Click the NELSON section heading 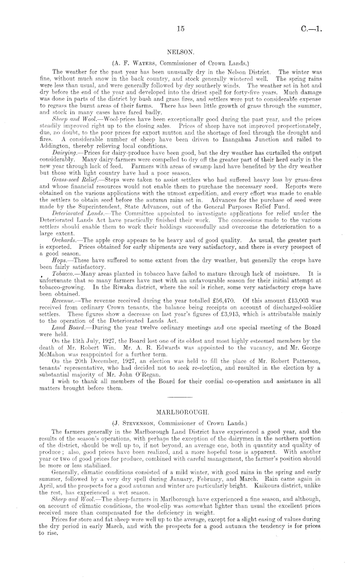(x=179, y=52)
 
